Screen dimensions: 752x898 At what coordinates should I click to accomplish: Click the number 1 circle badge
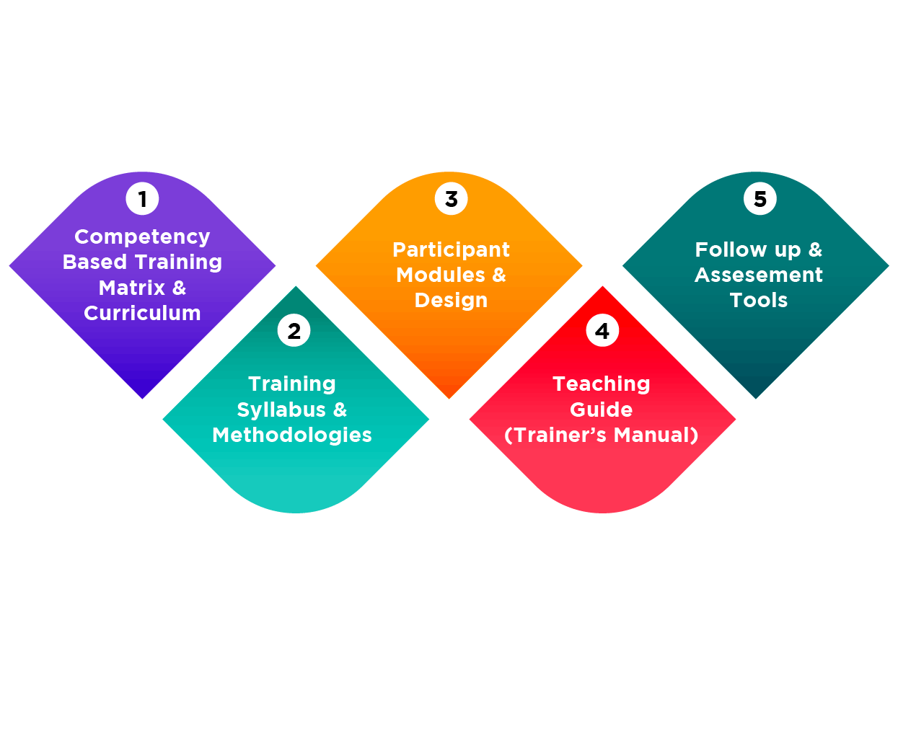click(142, 199)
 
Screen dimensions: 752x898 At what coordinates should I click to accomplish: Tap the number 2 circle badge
click(294, 332)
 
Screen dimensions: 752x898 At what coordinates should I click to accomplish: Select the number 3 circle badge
click(451, 199)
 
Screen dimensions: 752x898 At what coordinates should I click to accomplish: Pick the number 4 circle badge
click(602, 332)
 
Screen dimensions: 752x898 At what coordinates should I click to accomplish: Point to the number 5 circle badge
click(760, 199)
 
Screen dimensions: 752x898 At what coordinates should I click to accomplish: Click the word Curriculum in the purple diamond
click(142, 313)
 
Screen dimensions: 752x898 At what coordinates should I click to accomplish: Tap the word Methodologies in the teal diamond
click(292, 435)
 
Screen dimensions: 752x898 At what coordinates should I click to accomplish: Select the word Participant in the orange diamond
click(451, 249)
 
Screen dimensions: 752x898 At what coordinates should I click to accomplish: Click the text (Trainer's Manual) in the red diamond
click(602, 435)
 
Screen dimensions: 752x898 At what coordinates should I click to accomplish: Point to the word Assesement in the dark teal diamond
click(759, 275)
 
